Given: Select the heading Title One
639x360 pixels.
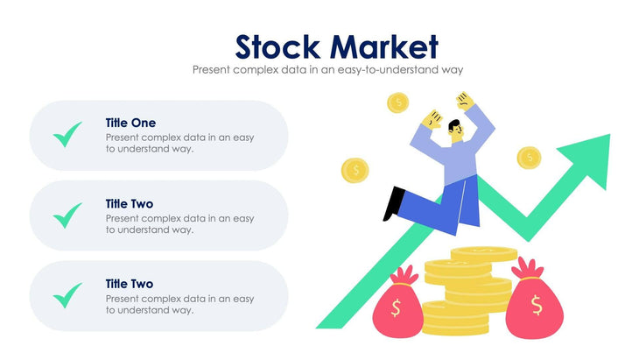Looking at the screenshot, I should [x=130, y=123].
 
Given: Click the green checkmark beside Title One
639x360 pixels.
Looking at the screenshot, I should [x=67, y=135].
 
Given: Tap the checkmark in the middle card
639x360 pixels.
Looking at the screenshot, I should [x=67, y=215].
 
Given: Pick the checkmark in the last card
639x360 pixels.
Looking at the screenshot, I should [x=67, y=295].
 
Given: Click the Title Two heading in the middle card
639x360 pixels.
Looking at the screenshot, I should [x=130, y=203].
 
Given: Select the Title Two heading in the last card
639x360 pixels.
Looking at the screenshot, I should [x=130, y=284].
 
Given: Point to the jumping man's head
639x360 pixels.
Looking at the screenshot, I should [x=458, y=132].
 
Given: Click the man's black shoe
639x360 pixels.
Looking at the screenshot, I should [x=394, y=203].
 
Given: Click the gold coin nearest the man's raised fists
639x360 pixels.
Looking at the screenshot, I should [x=398, y=103].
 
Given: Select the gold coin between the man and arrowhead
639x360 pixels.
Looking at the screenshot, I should [x=529, y=158].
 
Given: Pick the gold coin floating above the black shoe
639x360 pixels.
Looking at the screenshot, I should [x=355, y=169].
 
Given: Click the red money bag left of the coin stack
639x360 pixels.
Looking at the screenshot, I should [x=396, y=303].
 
